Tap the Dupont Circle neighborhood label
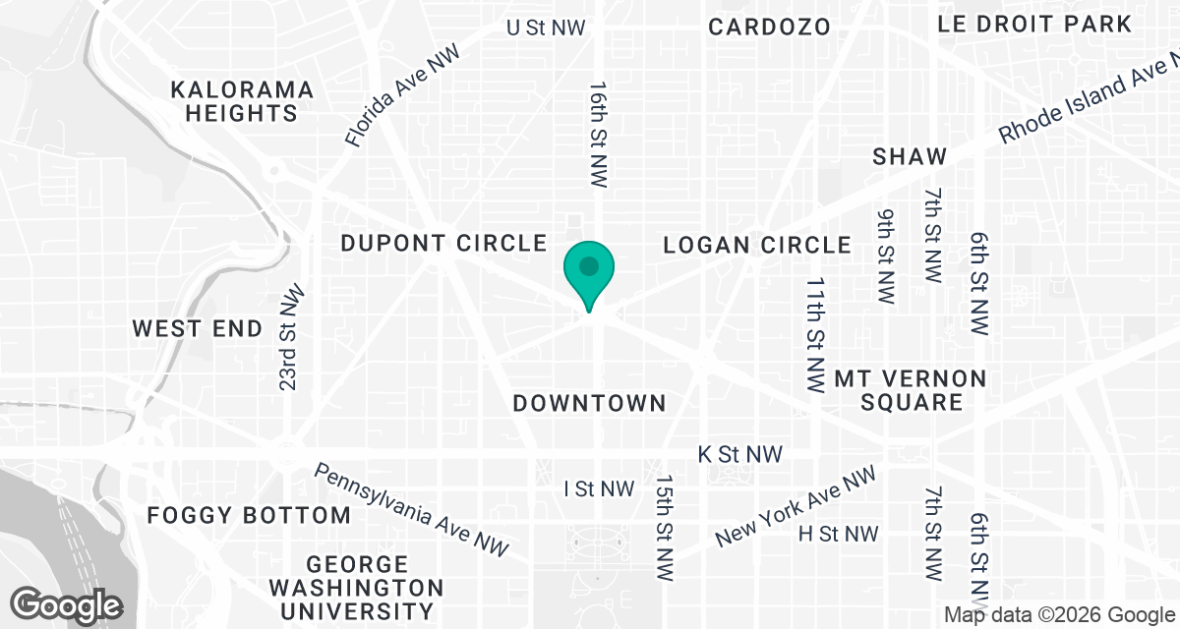click(442, 243)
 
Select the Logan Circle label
click(757, 245)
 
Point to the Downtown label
click(590, 403)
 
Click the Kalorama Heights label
click(242, 102)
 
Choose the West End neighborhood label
click(198, 328)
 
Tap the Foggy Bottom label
click(248, 515)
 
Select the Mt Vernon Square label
click(897, 390)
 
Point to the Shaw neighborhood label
click(910, 156)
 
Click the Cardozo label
click(770, 27)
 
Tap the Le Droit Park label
click(1035, 24)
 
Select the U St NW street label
click(546, 28)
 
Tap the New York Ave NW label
click(796, 507)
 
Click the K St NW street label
click(739, 454)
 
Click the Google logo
click(68, 603)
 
